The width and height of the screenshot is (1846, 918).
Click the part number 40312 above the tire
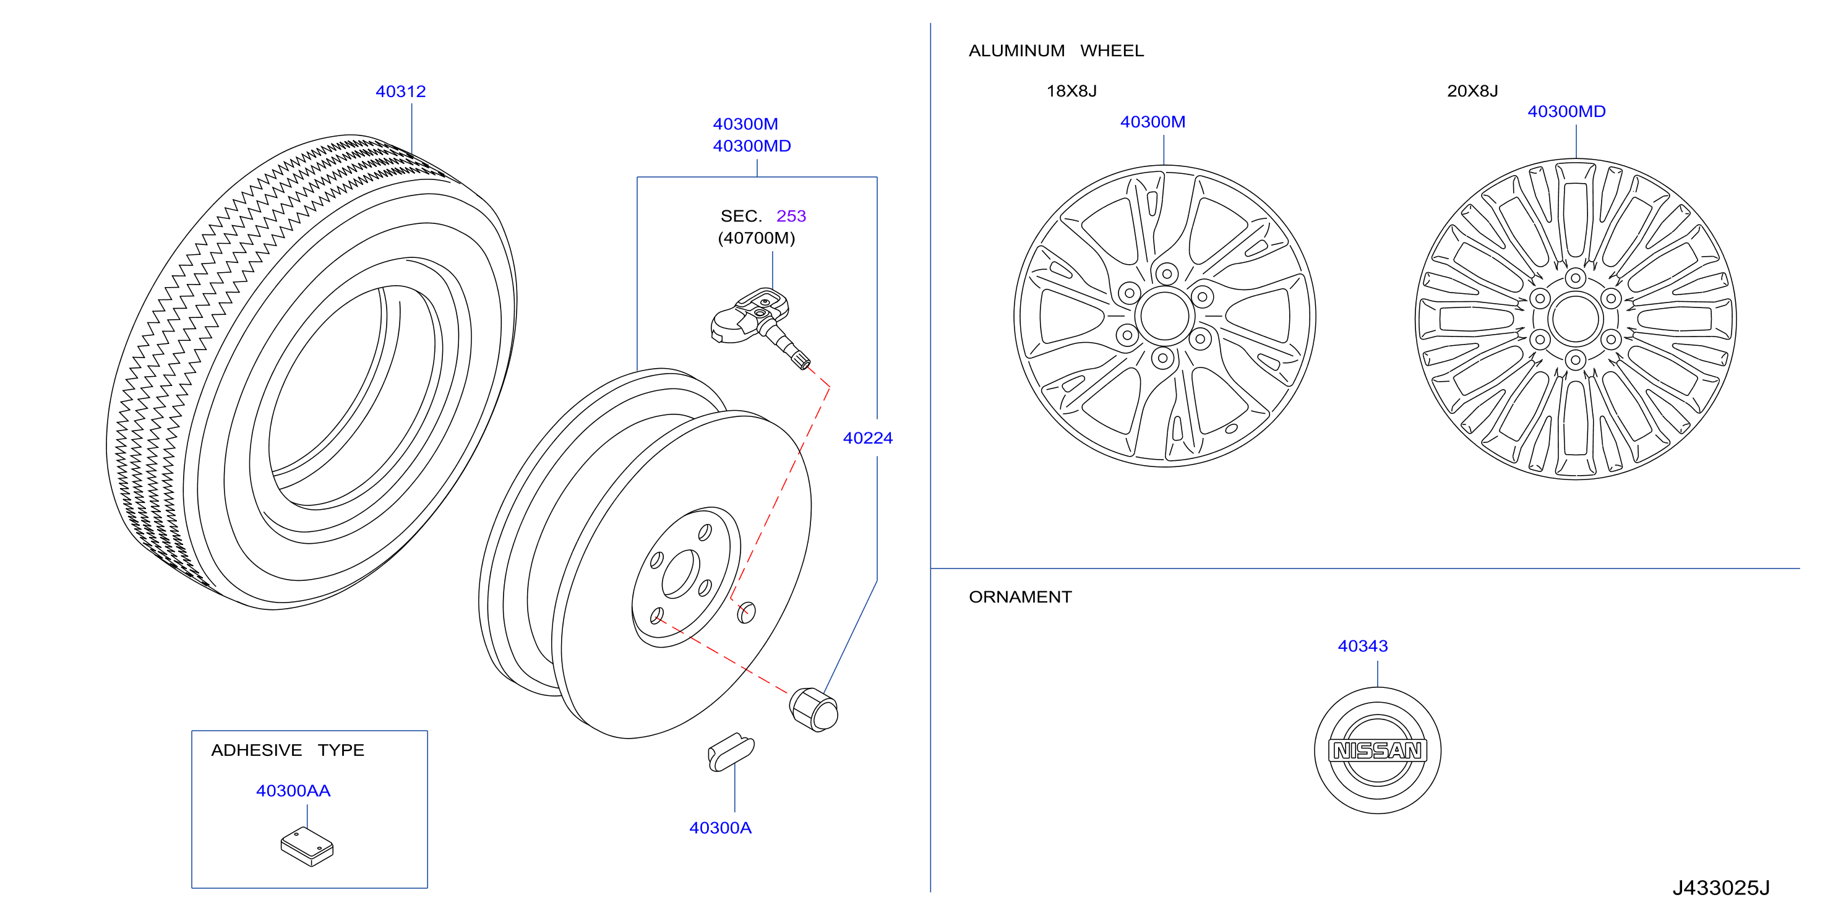click(401, 92)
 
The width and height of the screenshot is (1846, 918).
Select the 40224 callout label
click(868, 438)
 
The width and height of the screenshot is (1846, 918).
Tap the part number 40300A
click(720, 828)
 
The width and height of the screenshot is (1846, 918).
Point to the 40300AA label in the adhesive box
click(293, 791)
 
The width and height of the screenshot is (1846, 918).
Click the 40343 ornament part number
click(1363, 646)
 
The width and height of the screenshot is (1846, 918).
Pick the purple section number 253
click(791, 216)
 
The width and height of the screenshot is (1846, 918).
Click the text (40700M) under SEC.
click(757, 238)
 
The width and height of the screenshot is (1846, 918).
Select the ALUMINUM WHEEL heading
click(1056, 51)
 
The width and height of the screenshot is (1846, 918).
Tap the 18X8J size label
click(1071, 91)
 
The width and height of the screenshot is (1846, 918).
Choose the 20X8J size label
click(1472, 91)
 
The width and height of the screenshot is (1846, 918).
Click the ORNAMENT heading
click(1021, 597)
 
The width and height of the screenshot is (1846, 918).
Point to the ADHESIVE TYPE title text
click(288, 750)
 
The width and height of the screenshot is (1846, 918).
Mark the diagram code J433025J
click(1721, 888)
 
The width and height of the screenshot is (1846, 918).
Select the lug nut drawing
click(814, 710)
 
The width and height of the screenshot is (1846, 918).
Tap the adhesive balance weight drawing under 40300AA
click(307, 846)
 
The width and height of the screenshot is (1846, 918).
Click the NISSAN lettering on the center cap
click(1377, 750)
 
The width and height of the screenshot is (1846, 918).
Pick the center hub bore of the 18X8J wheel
click(1164, 315)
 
